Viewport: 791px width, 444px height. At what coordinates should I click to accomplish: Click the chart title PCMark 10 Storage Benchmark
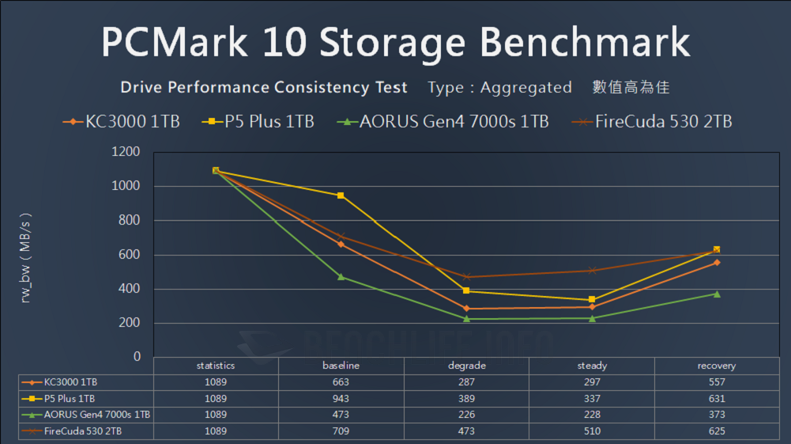coord(395,44)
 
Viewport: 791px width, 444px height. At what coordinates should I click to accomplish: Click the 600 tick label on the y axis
coord(129,255)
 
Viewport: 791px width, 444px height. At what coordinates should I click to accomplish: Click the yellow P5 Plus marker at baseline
coord(341,195)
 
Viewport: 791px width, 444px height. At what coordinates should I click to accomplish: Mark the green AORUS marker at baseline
coord(341,276)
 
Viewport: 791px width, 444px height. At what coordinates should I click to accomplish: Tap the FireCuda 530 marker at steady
coord(592,270)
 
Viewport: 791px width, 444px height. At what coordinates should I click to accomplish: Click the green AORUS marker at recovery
coord(717,294)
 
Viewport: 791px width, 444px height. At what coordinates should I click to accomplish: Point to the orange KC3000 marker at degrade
coord(466,309)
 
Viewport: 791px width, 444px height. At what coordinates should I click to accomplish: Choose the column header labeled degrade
coord(466,366)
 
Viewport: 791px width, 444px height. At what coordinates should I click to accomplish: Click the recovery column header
coord(717,366)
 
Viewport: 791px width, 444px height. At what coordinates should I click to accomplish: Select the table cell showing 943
coord(341,398)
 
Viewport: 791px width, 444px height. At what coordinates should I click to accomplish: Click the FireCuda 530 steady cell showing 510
coord(592,431)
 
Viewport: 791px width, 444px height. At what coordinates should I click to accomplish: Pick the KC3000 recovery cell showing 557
coord(717,381)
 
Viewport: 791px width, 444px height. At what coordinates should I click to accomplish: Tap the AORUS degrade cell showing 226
coord(466,415)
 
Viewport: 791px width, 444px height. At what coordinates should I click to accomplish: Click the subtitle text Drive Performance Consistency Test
coord(264,87)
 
